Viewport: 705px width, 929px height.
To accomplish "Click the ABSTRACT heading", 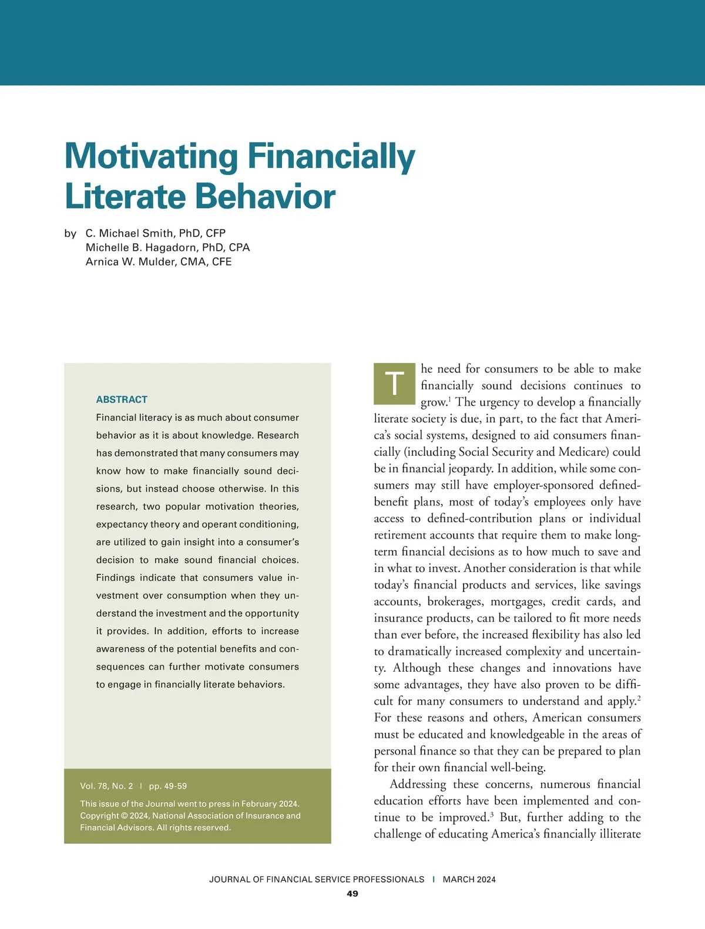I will point(122,399).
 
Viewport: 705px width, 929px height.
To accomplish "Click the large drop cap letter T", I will point(394,384).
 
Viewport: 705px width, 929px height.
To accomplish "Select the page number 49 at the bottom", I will point(352,893).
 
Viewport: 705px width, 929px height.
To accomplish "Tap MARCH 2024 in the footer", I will point(469,879).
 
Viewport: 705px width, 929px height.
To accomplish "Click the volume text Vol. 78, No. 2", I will point(106,786).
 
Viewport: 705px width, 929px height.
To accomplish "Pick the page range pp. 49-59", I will point(168,786).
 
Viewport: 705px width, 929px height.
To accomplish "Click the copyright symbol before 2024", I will point(124,816).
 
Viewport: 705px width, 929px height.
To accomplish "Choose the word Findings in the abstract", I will point(115,577).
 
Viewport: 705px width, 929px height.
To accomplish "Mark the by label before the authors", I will point(70,233).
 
